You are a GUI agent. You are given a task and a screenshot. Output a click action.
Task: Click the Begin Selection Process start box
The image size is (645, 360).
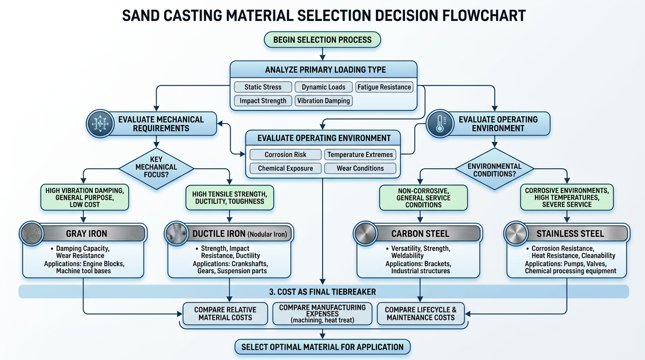[x=322, y=40]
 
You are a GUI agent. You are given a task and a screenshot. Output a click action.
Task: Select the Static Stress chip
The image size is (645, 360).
[x=263, y=87]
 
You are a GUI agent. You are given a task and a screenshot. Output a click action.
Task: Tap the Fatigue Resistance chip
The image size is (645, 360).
[x=384, y=87]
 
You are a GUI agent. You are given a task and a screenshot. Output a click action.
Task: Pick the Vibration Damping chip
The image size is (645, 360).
[x=323, y=101]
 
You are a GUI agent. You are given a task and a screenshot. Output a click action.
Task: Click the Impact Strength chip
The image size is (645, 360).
[x=263, y=101]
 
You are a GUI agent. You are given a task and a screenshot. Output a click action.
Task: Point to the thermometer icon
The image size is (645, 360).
[x=440, y=124]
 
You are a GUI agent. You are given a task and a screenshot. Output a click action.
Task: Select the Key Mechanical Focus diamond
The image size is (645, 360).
[x=156, y=167]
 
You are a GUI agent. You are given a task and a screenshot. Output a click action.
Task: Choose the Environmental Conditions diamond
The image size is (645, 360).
[x=494, y=169]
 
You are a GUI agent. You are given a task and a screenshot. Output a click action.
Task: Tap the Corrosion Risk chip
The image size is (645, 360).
[x=285, y=155]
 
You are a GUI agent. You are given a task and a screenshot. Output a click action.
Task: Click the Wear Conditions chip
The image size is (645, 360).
[x=360, y=168]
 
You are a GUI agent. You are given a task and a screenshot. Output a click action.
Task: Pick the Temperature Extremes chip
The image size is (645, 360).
[x=360, y=155]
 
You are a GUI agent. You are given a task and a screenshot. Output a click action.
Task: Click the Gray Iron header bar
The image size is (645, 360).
[x=93, y=233]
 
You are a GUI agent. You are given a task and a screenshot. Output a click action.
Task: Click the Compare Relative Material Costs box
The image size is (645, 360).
[x=225, y=314]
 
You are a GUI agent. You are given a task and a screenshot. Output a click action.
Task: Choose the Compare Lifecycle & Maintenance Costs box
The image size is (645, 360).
[x=420, y=314]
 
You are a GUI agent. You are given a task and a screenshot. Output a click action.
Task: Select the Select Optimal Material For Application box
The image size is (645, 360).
[x=322, y=347]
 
